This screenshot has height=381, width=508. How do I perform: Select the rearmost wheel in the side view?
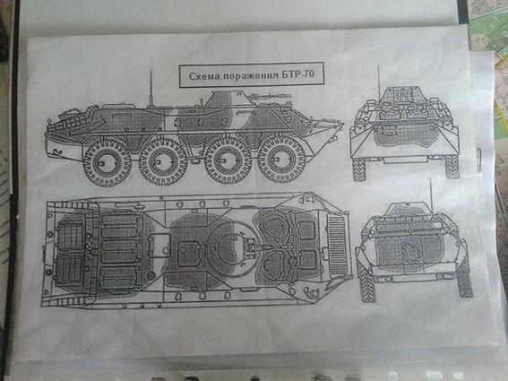coord(107,161)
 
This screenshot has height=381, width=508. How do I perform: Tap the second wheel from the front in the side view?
coord(227,160)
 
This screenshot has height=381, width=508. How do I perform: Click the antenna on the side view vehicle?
coord(151,88)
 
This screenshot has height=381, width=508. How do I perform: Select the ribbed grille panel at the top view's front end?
coord(337,244)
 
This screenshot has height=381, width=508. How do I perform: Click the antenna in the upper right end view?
coord(378,83)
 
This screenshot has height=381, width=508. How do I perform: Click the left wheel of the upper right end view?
coord(359,169)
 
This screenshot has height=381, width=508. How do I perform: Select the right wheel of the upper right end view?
coord(452,167)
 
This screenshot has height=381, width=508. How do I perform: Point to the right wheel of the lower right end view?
coord(465,279)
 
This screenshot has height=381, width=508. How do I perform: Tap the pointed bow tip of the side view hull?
coord(343,123)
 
